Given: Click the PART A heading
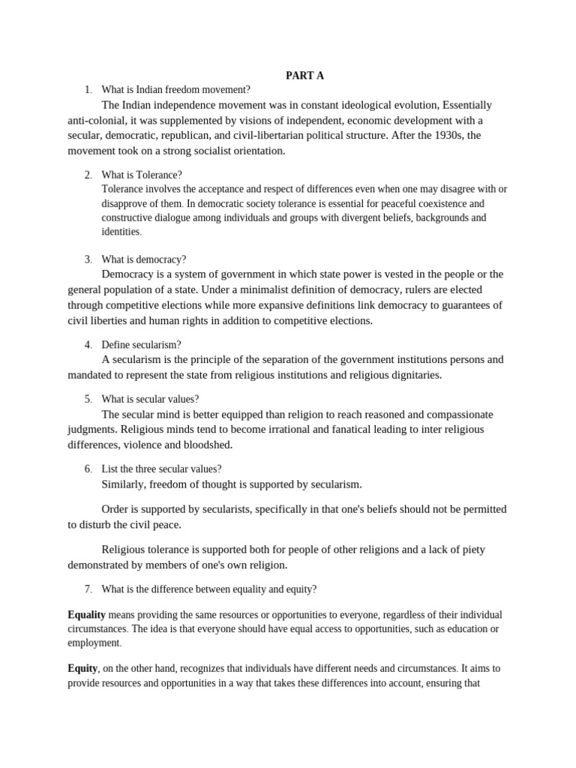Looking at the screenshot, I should pos(304,75).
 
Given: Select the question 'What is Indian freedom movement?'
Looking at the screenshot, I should pos(175,90).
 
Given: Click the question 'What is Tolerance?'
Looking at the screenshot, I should pos(142,175).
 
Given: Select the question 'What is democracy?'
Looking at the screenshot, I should pos(143,259).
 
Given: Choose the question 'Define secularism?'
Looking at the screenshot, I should pos(141,344).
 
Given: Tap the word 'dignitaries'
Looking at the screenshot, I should pos(410,375).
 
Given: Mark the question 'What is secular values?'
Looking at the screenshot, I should pos(150,399).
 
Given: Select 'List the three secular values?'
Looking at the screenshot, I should pos(161,469).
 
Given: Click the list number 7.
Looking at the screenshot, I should pos(88,589).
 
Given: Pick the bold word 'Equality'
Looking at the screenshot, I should pos(86,614).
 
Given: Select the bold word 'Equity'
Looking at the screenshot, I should pos(82,668).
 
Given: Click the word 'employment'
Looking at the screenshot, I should pos(93,643).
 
